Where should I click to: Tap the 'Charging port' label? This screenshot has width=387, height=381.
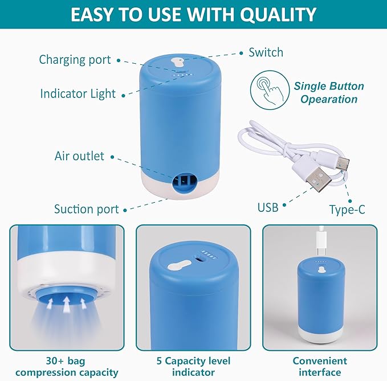[74, 60]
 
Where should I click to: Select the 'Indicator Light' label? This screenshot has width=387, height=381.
[78, 93]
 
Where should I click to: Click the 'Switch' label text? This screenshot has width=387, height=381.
[266, 52]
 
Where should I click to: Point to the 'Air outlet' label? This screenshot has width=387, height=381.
[79, 156]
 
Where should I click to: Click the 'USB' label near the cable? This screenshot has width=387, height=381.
[268, 207]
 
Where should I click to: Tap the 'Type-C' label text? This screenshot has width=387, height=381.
[347, 210]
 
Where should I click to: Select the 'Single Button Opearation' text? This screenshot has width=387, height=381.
[329, 93]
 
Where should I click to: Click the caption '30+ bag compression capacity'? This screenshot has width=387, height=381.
[67, 367]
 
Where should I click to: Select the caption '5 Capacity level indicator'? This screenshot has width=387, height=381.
[193, 367]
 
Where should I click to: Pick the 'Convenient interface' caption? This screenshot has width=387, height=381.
[319, 367]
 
